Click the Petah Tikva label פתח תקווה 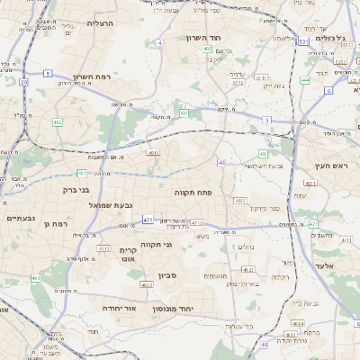tap(193, 192)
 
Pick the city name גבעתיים tap(19, 218)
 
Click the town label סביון tap(169, 275)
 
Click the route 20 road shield tap(23, 82)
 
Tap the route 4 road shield tap(160, 42)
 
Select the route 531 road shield tap(303, 41)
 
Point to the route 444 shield tap(306, 80)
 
